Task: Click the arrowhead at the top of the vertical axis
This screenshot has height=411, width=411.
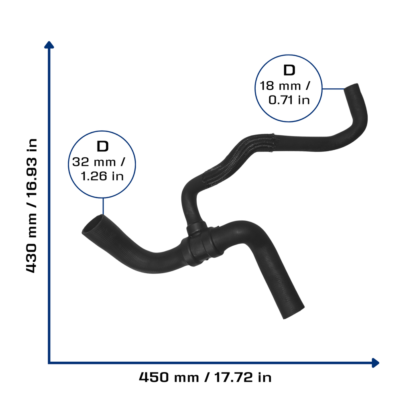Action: (x=49, y=45)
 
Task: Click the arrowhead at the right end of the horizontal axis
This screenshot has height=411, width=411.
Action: (x=376, y=363)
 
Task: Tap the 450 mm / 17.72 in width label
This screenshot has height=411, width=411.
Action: (x=205, y=377)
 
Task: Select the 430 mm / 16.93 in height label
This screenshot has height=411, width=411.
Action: (x=32, y=206)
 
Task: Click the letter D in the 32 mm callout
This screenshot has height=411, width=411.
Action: (x=102, y=146)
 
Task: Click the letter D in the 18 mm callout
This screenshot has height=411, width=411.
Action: (x=289, y=70)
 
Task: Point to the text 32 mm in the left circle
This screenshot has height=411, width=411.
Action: (x=94, y=162)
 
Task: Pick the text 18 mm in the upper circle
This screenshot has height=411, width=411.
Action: (x=280, y=86)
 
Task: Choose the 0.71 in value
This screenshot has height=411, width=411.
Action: (x=289, y=100)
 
